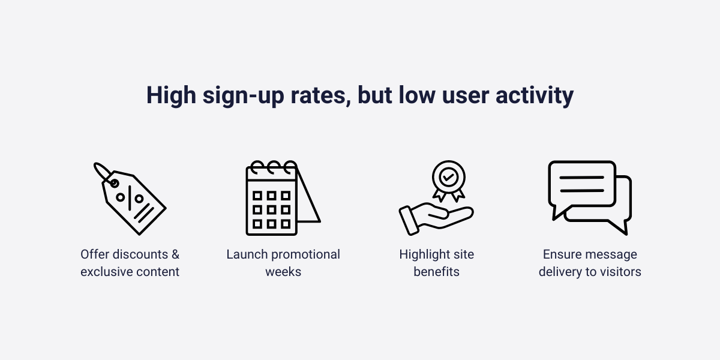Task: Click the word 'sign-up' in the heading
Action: click(x=244, y=96)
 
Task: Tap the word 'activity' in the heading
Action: click(x=535, y=96)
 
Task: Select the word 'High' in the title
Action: click(x=171, y=96)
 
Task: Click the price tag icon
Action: click(x=130, y=199)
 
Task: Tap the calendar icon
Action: click(x=283, y=198)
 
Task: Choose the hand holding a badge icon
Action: click(x=436, y=198)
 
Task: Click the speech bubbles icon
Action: click(x=590, y=198)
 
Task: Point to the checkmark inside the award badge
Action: click(x=448, y=177)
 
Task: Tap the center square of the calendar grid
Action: click(x=271, y=210)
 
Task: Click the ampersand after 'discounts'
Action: click(x=175, y=254)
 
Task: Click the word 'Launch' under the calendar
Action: click(x=247, y=254)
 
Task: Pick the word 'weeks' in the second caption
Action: click(x=283, y=272)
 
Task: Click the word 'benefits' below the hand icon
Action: click(x=437, y=272)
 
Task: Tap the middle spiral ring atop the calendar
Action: click(x=274, y=167)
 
